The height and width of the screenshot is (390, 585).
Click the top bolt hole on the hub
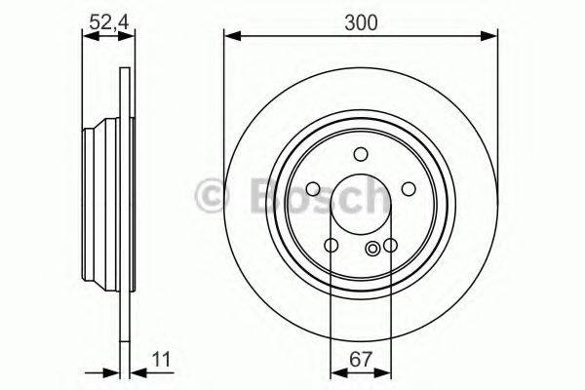pyautogui.click(x=361, y=153)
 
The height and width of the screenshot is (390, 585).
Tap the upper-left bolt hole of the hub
pyautogui.click(x=314, y=189)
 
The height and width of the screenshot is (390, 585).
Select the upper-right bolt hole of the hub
pyautogui.click(x=409, y=189)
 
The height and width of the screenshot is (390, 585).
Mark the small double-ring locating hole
pyautogui.click(x=372, y=251)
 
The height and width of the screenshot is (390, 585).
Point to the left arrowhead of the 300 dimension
pyautogui.click(x=230, y=37)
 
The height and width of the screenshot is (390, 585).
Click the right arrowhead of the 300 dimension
pyautogui.click(x=492, y=37)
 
